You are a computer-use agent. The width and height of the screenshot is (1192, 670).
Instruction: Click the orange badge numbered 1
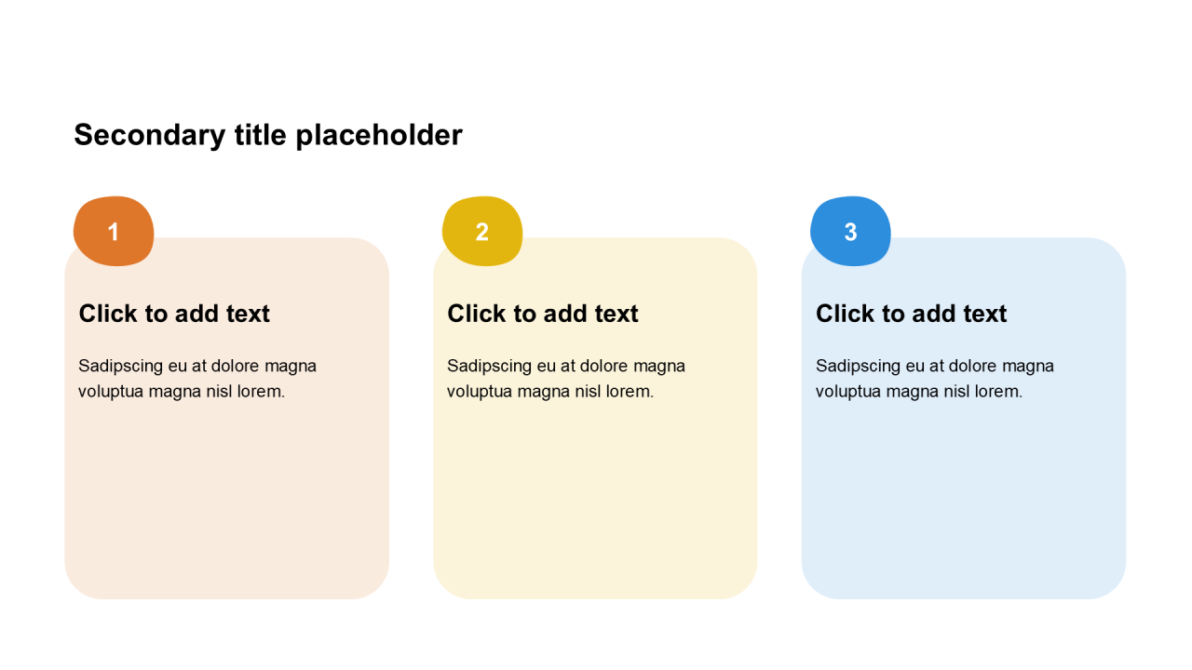114,232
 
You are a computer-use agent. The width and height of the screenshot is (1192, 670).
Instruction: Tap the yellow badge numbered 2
482,232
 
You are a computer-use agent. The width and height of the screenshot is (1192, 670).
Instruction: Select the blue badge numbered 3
850,232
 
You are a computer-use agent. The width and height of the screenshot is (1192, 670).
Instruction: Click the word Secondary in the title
150,136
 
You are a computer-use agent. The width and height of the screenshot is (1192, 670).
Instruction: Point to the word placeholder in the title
379,136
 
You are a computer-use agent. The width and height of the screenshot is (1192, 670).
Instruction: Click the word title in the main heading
261,135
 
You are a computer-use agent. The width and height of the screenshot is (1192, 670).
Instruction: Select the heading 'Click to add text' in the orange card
174,314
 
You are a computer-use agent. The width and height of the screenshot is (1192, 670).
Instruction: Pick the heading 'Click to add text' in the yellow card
542,314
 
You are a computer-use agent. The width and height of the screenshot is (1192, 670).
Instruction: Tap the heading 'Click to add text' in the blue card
911,314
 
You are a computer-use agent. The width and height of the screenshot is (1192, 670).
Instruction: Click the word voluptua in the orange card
111,393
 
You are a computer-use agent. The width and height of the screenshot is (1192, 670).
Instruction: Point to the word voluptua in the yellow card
480,393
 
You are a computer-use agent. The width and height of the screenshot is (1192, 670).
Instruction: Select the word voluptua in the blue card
848,393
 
